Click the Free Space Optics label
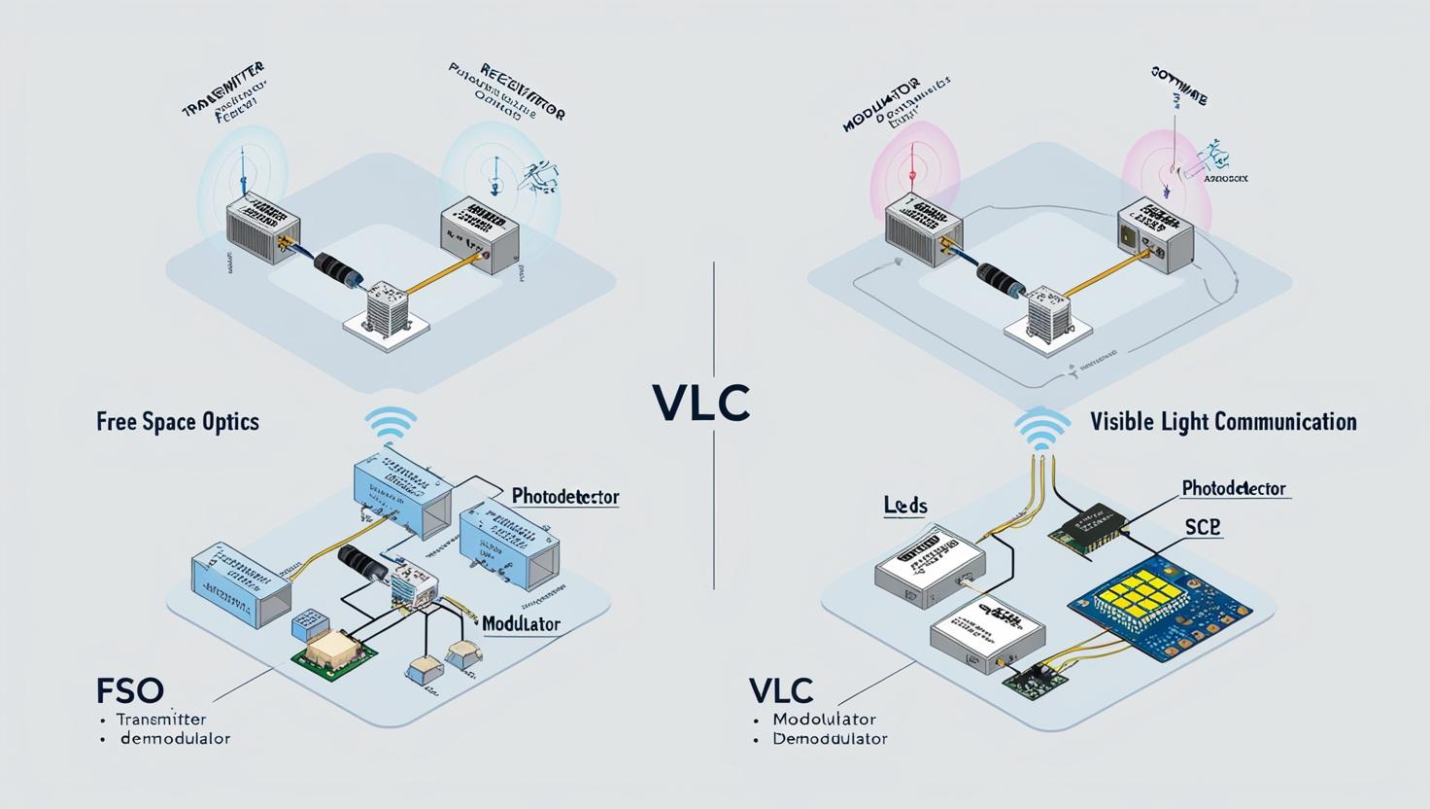click(178, 422)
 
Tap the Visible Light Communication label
click(1223, 422)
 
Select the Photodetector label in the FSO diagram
click(565, 496)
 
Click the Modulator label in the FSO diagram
click(521, 623)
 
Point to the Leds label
click(905, 506)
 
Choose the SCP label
click(1203, 527)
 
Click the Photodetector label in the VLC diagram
click(1234, 488)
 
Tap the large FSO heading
click(130, 690)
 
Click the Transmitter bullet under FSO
click(160, 720)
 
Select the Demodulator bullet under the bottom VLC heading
click(830, 739)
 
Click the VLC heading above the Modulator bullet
click(781, 690)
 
